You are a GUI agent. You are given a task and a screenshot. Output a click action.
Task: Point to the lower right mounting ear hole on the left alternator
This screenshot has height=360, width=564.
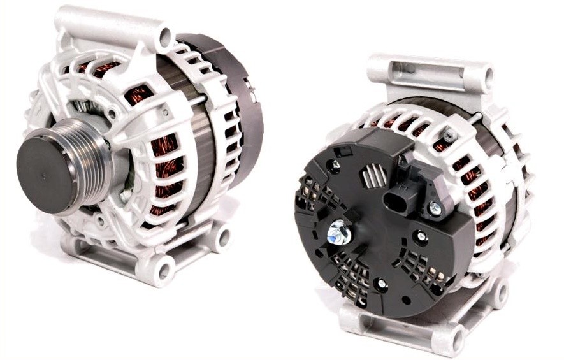point(222,237)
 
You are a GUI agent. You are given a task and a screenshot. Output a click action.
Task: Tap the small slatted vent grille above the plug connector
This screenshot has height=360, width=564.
point(374,176)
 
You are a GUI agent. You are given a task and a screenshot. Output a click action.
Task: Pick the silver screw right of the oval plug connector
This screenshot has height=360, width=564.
point(435,207)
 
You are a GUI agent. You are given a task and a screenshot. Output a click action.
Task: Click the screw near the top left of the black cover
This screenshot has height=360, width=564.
point(334,164)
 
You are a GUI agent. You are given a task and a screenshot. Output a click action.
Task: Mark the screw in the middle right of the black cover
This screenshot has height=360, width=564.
point(421,236)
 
